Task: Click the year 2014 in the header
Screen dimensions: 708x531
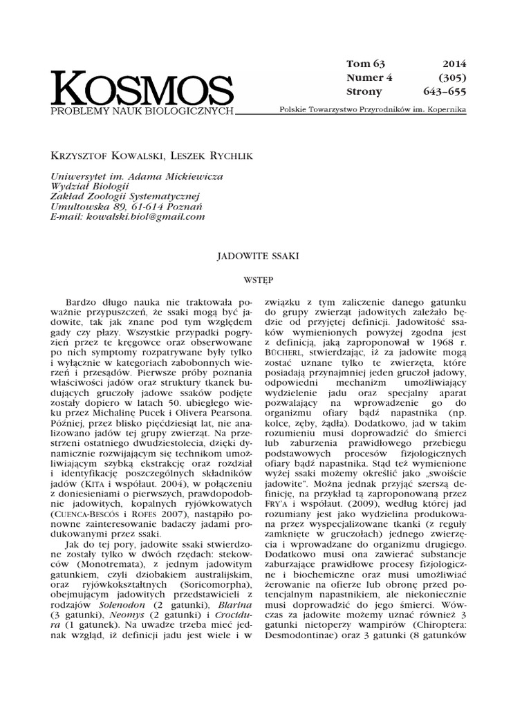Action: pos(454,64)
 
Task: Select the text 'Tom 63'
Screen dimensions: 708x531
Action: pos(364,64)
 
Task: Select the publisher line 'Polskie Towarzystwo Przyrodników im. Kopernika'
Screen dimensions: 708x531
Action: pos(371,111)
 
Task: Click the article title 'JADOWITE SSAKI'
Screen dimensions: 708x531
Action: pos(265,255)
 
